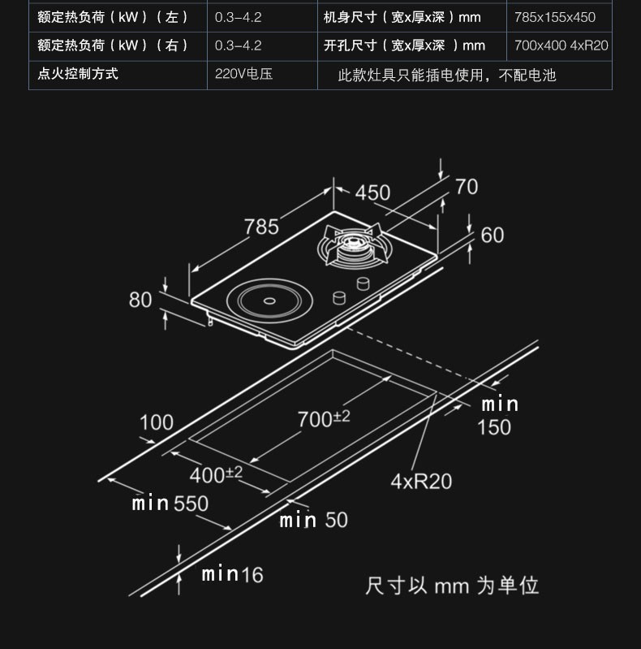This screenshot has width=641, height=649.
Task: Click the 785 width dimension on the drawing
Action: coord(261,227)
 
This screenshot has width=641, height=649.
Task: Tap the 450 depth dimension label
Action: coord(372,193)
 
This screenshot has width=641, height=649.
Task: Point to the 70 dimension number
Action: coord(467,187)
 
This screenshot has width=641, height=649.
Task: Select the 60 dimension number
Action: coord(493,235)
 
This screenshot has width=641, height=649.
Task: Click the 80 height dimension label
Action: coord(140,300)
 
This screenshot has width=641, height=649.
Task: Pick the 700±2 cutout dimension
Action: coord(324,418)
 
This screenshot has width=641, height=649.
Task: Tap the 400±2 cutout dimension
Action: coord(216,474)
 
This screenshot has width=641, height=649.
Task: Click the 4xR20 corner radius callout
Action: coord(421,482)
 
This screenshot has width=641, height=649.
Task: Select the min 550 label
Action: coord(170,504)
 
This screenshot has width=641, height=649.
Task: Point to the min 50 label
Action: coord(313,520)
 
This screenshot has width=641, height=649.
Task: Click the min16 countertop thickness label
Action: coord(232,574)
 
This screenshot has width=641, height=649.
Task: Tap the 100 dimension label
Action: coord(157,422)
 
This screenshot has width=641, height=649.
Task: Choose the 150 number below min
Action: coord(494,427)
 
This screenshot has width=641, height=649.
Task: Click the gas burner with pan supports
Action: coord(355,247)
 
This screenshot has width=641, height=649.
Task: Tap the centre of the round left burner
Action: coord(269,301)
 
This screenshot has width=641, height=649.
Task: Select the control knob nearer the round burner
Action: coord(339,298)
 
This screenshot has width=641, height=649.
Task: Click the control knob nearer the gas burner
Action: coord(363,283)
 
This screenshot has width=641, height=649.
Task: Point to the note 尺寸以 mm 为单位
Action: coord(452,586)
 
